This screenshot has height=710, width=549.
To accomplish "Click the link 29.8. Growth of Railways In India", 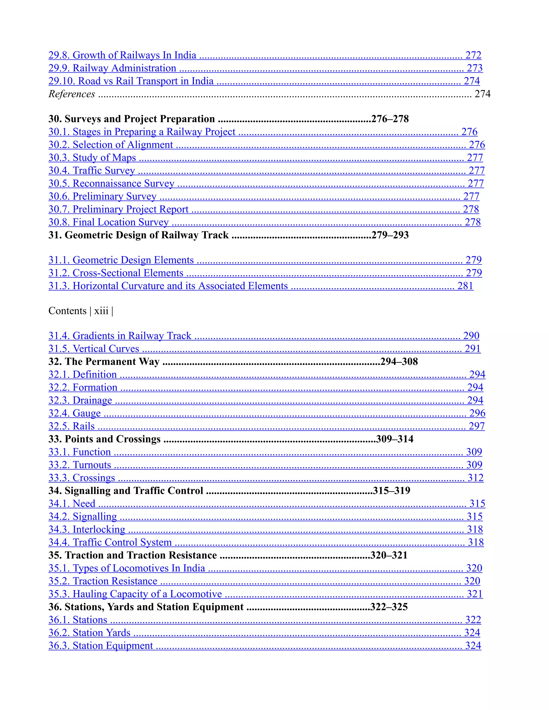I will [x=122, y=55].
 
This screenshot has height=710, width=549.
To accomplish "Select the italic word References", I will [x=72, y=94].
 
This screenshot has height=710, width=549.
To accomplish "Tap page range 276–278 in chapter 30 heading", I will [x=390, y=119].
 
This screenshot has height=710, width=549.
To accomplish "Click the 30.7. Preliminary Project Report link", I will [x=118, y=209].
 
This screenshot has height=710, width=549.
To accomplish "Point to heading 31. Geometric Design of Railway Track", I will [x=138, y=235].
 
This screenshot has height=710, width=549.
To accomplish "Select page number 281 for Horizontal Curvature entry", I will [x=465, y=286].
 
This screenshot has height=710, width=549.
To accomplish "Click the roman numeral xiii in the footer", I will [x=101, y=311].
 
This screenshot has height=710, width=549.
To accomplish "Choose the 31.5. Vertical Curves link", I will [x=94, y=349].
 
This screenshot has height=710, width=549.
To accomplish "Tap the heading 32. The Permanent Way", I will [x=104, y=362].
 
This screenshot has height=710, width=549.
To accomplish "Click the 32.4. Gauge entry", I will [x=75, y=413].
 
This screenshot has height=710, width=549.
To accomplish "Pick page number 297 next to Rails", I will [x=476, y=426].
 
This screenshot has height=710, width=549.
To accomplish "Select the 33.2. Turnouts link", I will [x=80, y=465].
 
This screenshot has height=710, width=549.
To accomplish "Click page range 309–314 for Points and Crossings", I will [x=395, y=439].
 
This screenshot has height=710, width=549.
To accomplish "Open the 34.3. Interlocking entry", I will [x=87, y=530].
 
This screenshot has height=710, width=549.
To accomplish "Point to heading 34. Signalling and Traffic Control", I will [x=125, y=491].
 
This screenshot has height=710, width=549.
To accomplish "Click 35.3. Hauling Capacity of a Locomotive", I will [x=135, y=594].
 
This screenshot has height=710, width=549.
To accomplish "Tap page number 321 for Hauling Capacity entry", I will [x=474, y=594].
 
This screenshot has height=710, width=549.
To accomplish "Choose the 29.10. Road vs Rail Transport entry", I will [x=131, y=81].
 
